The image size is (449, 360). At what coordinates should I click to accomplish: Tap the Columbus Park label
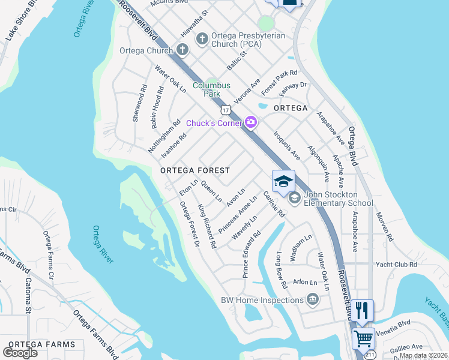point(211,90)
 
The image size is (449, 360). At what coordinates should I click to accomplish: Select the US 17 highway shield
point(225,110)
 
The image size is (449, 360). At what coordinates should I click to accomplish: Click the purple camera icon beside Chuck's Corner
point(251,123)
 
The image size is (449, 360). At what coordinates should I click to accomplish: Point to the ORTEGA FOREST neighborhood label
point(195,171)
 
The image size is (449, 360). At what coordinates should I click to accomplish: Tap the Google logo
point(20,352)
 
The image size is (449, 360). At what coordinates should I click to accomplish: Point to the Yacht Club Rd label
point(396,265)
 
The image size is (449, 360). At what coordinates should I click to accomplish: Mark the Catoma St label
point(28,295)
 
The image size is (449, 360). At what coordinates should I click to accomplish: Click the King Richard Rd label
point(206,227)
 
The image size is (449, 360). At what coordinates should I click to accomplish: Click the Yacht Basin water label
point(436,312)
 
